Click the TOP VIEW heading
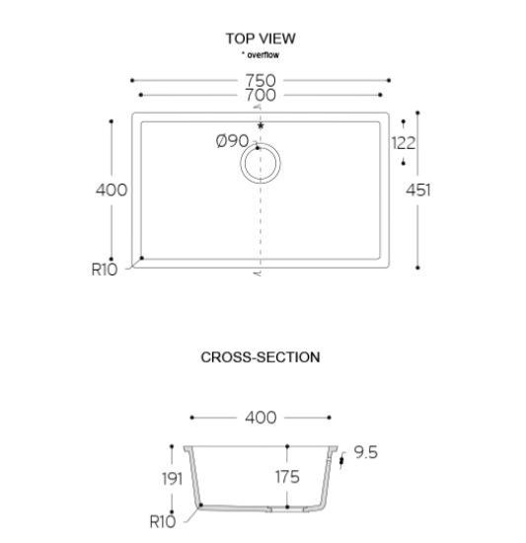(261, 39)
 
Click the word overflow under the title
(263, 54)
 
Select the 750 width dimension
(261, 80)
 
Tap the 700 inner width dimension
(261, 95)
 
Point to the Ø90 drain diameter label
(232, 141)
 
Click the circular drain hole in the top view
(261, 143)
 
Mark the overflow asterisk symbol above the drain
(261, 125)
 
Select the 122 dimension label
(404, 143)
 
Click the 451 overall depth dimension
(418, 191)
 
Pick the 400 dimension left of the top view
(112, 191)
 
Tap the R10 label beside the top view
(105, 270)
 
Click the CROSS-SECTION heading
(261, 357)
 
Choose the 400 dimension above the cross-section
(261, 418)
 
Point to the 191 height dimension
(172, 479)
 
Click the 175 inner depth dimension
(287, 477)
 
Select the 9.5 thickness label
(366, 452)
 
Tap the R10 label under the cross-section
(163, 522)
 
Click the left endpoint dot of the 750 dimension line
(132, 80)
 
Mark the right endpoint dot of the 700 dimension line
(380, 95)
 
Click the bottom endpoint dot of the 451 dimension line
(417, 268)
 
